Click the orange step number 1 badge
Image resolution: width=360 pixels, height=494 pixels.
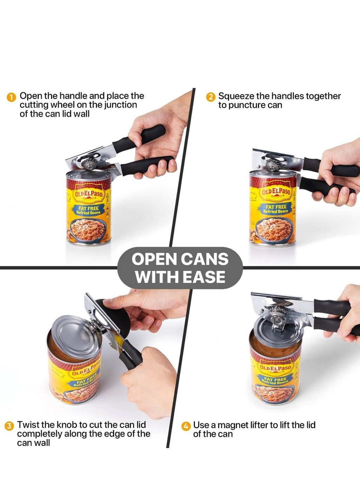click(x=11, y=97)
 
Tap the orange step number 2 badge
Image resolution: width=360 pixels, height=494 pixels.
click(x=211, y=97)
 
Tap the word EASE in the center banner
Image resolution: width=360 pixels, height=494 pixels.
click(x=204, y=277)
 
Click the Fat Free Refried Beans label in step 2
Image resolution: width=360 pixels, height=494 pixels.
click(x=276, y=209)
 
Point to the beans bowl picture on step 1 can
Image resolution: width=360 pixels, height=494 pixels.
click(x=88, y=230)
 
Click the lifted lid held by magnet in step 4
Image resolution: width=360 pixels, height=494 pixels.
click(x=278, y=332)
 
